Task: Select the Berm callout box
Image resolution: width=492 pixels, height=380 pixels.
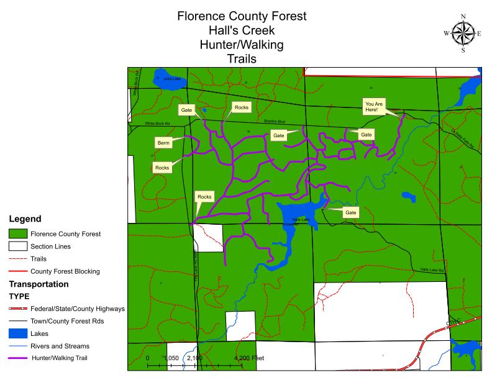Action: [163, 143]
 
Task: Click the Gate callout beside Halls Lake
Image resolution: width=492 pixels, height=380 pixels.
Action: [351, 212]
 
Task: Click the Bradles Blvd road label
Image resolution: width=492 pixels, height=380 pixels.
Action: [273, 122]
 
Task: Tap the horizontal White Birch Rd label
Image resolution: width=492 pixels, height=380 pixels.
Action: [158, 124]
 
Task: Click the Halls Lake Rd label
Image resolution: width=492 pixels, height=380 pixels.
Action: [432, 270]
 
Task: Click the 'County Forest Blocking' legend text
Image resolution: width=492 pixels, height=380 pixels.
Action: [65, 271]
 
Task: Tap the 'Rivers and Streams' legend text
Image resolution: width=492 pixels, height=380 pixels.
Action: [60, 346]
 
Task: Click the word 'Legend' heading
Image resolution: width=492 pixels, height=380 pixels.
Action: [25, 219]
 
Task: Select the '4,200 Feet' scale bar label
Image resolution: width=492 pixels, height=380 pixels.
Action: [248, 358]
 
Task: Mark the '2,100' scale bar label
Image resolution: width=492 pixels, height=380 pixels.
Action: [195, 358]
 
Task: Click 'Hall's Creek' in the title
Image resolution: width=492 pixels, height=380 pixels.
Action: [242, 30]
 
